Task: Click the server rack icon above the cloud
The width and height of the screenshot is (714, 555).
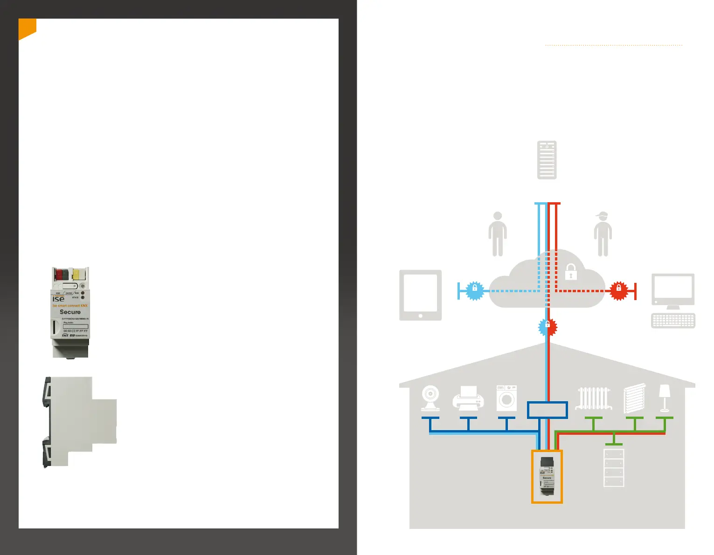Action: (x=547, y=160)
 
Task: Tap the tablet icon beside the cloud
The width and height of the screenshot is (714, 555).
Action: (x=420, y=295)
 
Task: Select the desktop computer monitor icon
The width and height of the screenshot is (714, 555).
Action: (x=673, y=290)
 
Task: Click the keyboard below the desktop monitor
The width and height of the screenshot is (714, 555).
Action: (x=673, y=321)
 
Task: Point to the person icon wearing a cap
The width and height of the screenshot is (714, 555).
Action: (x=603, y=234)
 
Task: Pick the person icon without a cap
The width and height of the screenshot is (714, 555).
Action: (x=498, y=234)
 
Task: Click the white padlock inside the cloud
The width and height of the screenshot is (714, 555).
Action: (x=571, y=272)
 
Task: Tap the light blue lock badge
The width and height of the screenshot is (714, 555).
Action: (x=475, y=291)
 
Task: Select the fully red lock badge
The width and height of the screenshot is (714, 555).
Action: (x=619, y=291)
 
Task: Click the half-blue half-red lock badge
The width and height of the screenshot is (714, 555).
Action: (x=548, y=327)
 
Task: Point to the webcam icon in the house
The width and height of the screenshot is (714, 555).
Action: (x=430, y=398)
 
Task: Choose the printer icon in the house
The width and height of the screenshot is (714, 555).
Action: (x=468, y=398)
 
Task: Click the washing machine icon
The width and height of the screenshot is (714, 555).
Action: (x=506, y=398)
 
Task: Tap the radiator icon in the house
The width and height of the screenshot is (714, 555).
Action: (x=593, y=398)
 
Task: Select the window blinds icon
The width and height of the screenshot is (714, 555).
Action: (x=634, y=398)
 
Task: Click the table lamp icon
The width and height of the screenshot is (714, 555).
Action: (x=665, y=397)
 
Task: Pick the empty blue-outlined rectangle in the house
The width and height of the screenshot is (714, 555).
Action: (x=548, y=410)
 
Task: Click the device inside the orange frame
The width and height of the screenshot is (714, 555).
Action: (x=547, y=476)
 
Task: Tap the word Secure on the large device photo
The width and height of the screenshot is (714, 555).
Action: (x=70, y=312)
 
